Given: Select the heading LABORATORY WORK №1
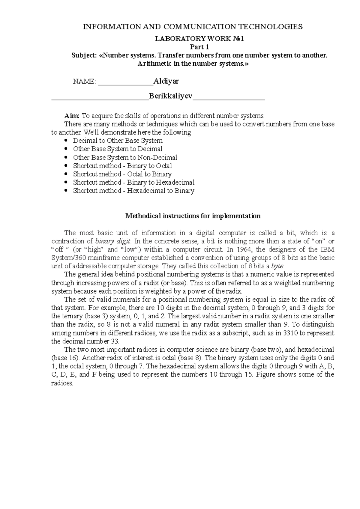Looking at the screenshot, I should point(199,39).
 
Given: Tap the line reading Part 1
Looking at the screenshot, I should point(199,47).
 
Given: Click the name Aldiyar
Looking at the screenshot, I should point(166,81).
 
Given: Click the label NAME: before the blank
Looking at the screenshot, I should point(85,82).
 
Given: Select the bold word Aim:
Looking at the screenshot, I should point(72,116).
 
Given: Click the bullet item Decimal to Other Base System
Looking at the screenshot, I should point(118,141).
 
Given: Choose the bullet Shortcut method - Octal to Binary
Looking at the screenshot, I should point(122,174).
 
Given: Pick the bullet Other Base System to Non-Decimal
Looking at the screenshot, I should point(125,157).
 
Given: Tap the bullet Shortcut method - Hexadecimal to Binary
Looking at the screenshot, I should point(133,191).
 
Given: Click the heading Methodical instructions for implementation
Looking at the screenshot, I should point(193,216).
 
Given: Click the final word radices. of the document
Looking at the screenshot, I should point(62,383).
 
